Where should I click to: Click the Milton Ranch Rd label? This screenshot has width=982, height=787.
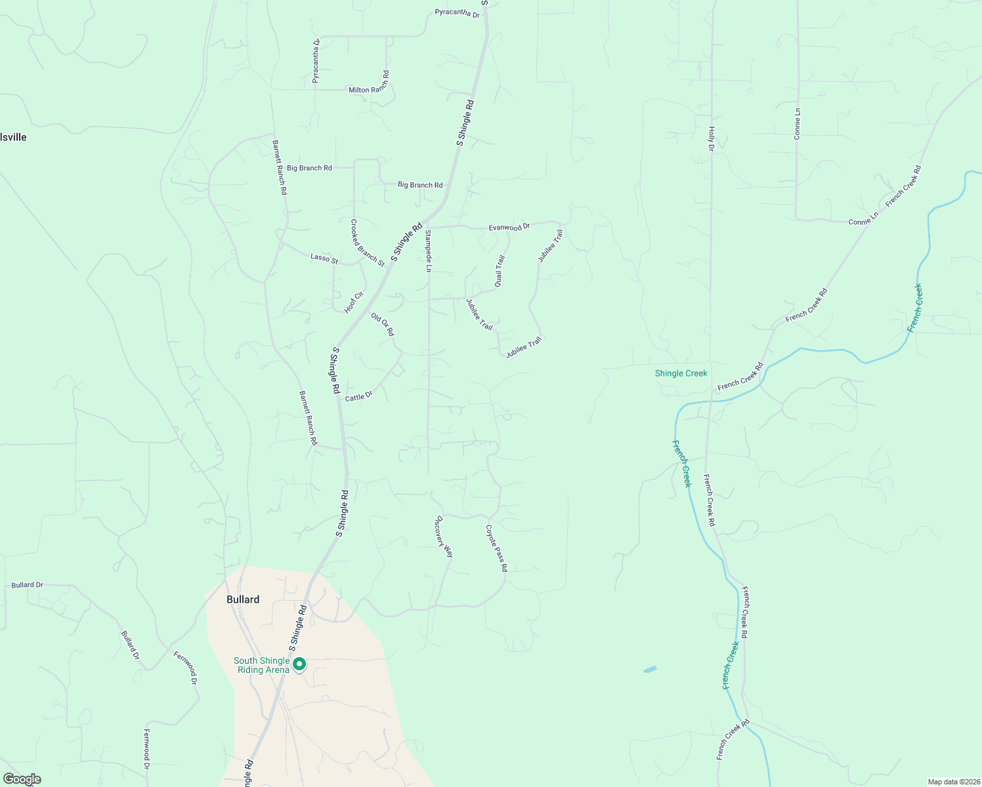[370, 90]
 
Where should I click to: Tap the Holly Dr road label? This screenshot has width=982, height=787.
[711, 139]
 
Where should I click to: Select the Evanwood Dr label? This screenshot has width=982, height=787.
[509, 228]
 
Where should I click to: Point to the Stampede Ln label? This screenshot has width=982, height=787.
[428, 251]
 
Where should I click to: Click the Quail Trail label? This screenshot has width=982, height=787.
[500, 271]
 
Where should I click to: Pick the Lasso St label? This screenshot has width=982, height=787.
[324, 258]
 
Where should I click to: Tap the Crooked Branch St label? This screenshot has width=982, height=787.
[367, 243]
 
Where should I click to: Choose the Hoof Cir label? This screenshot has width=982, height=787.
[354, 302]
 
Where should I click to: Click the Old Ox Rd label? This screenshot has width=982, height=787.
[383, 325]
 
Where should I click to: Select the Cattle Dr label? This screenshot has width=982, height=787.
[358, 396]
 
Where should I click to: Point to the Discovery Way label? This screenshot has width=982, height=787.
[444, 536]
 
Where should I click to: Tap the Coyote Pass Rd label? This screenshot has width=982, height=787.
[496, 548]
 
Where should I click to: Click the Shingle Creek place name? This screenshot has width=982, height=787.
[681, 373]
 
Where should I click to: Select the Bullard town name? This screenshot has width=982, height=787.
[243, 599]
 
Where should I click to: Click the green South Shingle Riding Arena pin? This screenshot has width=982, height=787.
[299, 664]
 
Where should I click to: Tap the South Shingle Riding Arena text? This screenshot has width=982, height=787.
[262, 665]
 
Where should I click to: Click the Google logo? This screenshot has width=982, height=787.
[22, 779]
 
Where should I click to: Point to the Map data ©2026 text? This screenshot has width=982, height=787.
[952, 782]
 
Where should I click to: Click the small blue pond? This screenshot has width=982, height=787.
[650, 670]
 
